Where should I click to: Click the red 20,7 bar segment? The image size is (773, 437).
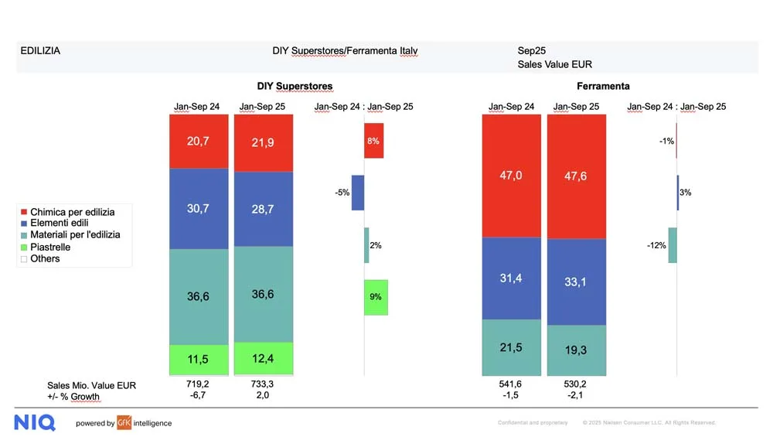[x=199, y=141]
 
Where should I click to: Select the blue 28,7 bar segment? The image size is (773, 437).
[x=264, y=210]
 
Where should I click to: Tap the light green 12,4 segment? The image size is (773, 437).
[x=264, y=359]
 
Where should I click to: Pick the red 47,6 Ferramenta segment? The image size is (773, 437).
[x=577, y=176]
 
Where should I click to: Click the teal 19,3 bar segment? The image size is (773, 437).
[x=577, y=350]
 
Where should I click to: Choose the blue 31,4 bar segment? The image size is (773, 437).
[x=511, y=278]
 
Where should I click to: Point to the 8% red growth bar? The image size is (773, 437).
[x=374, y=141]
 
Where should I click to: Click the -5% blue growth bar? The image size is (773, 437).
[x=358, y=193]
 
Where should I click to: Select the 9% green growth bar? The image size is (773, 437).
[x=376, y=297]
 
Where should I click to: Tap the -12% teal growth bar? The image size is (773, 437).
[x=673, y=245]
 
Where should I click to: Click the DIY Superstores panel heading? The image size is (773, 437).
[x=295, y=86]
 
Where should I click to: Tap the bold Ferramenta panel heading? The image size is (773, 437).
[x=603, y=86]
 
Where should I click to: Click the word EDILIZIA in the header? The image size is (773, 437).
[x=40, y=51]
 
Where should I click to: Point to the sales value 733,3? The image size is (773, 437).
[x=263, y=383]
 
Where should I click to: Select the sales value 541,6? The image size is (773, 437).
[x=510, y=383]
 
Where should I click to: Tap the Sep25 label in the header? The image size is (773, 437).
[x=532, y=51]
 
